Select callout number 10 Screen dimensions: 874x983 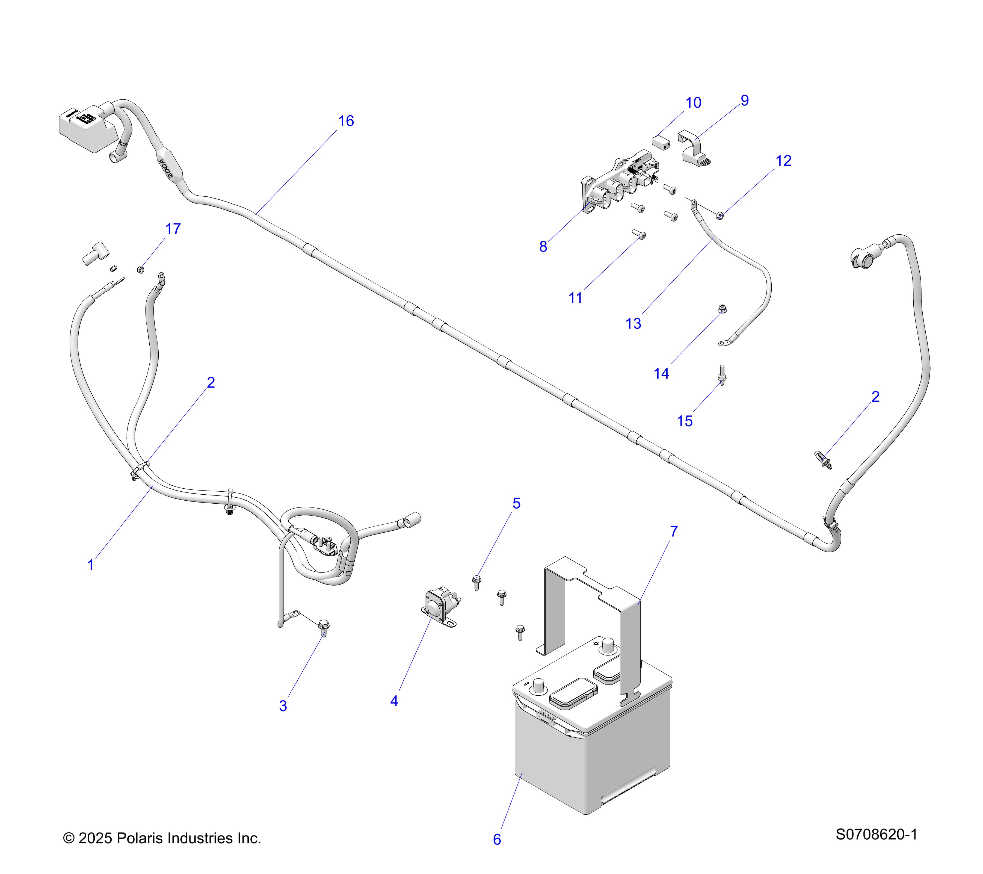click(693, 103)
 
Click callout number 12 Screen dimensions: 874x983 click(783, 161)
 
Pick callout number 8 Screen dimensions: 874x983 click(543, 247)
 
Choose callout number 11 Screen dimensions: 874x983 click(575, 298)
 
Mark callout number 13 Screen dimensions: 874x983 click(633, 324)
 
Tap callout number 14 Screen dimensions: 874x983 click(661, 373)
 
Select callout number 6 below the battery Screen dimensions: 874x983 click(497, 839)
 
